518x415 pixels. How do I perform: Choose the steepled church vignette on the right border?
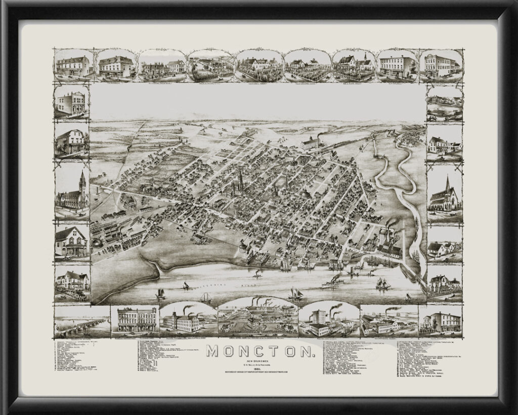coord(445,195)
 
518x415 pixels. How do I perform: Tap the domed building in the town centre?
coord(305,195)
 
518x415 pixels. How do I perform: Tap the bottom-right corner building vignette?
coord(441,321)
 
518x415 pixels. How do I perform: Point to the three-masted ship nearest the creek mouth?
coord(383,284)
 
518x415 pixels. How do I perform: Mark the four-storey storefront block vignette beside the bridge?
coord(136,320)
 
